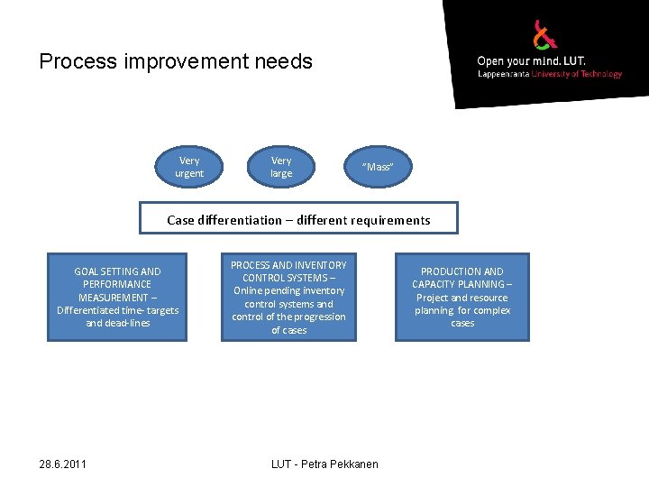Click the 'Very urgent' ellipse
click(x=189, y=167)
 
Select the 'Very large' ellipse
click(x=281, y=167)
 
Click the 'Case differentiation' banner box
click(x=298, y=219)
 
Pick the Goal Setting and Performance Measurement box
click(x=117, y=298)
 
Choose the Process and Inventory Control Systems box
click(x=288, y=298)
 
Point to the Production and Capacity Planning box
click(x=462, y=298)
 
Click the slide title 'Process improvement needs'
click(x=176, y=61)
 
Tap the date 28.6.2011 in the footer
click(x=63, y=464)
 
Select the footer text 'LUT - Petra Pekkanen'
click(x=324, y=464)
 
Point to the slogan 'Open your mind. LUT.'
click(x=531, y=61)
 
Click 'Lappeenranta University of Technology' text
click(x=549, y=74)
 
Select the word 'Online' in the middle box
click(x=251, y=291)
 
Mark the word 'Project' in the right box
click(x=434, y=298)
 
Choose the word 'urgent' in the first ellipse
click(x=189, y=173)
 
